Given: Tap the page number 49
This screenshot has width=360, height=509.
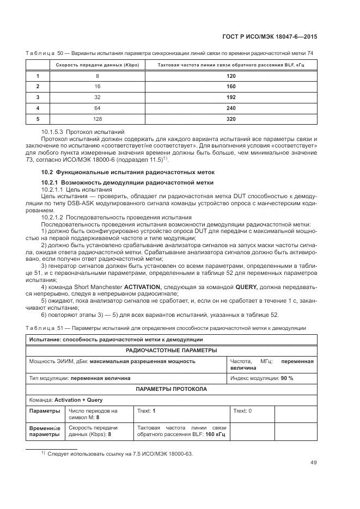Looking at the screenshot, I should (314, 463).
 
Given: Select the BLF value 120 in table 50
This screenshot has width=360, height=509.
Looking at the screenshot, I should (231, 76).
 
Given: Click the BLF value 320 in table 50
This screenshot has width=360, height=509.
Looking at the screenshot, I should (231, 118).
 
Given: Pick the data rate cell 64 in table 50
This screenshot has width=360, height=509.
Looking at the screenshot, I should (97, 108).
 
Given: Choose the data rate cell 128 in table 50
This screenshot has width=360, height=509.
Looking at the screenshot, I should (97, 118).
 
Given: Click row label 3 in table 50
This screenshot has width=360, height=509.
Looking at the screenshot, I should (38, 97).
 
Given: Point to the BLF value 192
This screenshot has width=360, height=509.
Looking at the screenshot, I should (231, 97).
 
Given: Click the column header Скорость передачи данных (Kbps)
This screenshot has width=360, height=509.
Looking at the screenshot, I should (97, 65).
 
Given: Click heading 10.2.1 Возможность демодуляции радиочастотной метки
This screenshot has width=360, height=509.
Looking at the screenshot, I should (128, 181).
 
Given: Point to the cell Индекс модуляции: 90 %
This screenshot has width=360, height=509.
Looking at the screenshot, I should (262, 378).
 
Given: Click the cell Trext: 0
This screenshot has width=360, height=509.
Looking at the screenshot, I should (242, 411).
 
